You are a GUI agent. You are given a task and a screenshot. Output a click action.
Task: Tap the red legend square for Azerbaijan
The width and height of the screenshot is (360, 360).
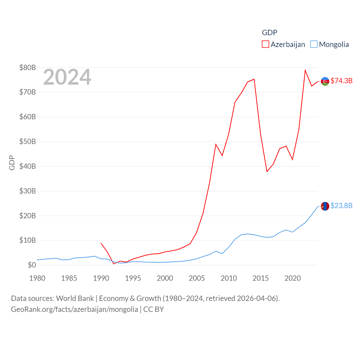265,44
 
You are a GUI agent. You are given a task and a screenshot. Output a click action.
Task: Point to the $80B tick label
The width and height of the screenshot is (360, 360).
28,67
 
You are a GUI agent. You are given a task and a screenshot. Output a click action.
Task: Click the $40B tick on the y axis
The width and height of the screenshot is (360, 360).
28,166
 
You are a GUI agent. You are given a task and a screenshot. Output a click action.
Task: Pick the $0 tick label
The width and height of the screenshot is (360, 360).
32,265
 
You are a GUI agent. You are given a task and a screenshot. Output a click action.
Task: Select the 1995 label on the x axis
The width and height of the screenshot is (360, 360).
133,278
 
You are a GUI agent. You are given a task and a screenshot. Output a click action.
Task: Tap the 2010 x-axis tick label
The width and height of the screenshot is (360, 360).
229,278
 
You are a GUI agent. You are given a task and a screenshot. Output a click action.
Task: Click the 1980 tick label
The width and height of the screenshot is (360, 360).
37,278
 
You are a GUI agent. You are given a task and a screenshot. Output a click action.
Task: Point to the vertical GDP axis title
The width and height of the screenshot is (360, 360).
12,163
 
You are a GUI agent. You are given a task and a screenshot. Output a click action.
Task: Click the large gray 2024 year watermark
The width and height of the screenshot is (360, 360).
67,77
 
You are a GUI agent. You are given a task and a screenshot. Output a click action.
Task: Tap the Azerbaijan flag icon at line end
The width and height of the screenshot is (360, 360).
325,81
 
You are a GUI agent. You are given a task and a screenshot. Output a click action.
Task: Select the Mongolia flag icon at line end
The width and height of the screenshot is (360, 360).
325,206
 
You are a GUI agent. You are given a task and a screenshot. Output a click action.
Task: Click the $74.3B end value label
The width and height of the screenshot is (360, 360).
341,81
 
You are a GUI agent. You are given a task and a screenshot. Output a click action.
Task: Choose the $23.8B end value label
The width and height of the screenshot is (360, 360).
341,206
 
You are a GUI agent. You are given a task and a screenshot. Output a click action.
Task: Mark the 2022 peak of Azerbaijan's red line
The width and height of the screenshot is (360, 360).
305,70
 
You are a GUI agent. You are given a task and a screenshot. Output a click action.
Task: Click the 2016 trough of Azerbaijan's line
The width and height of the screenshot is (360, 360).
267,172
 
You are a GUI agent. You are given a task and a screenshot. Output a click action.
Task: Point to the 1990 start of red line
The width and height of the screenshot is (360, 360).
101,243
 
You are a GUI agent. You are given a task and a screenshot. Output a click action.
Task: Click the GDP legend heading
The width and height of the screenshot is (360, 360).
269,33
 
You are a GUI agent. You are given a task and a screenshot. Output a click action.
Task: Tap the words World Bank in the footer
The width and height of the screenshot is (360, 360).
75,298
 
